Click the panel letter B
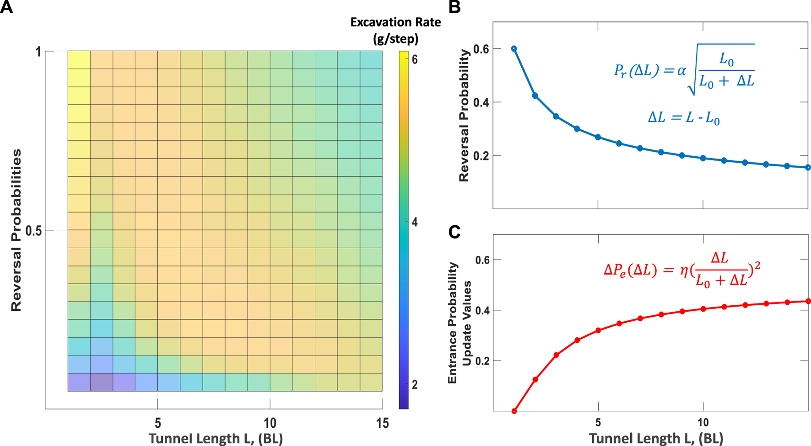[454, 8]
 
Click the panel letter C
[454, 232]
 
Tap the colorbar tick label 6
[415, 60]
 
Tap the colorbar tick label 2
[415, 385]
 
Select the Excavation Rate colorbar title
[395, 30]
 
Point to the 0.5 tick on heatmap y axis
[33, 231]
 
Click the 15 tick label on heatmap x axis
[382, 424]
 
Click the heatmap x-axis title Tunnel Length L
[216, 439]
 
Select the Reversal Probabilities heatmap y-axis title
[16, 230]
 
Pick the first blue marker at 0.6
[514, 48]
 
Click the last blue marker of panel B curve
[808, 168]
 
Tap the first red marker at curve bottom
[514, 411]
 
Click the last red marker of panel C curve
[808, 301]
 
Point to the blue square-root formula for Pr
[684, 69]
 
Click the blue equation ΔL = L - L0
[684, 118]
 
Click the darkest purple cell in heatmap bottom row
[101, 382]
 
